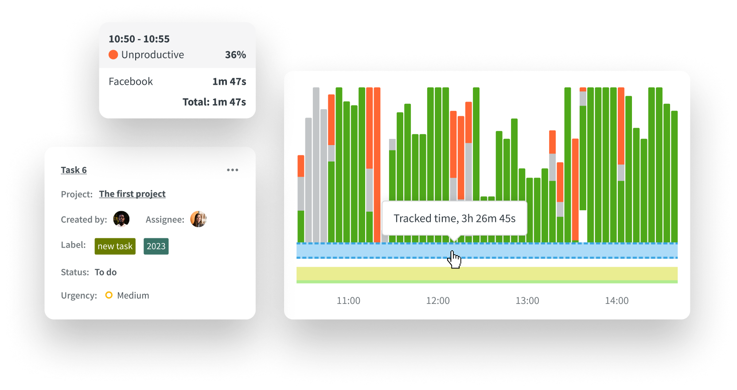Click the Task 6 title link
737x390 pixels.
pos(74,170)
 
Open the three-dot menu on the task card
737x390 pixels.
pos(232,170)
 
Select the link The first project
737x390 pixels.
pos(132,194)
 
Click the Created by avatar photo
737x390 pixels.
pos(121,219)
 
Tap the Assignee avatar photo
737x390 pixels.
pos(198,219)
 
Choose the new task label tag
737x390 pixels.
pos(115,246)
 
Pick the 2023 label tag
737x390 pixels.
pos(156,246)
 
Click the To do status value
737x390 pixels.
pos(105,272)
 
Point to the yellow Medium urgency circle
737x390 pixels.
pos(109,295)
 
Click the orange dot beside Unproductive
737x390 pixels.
pos(113,55)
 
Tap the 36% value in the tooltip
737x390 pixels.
pos(235,55)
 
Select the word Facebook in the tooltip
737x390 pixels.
pos(131,82)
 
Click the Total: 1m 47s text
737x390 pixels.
pos(214,102)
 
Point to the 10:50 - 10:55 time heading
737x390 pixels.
pos(139,39)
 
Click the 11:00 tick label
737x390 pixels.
pos(348,301)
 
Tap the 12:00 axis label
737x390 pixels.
pos(438,301)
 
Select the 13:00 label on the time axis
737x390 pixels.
pos(527,301)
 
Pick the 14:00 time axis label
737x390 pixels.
pos(617,301)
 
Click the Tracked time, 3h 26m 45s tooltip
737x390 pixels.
pos(454,218)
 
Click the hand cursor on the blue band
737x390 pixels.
pos(454,259)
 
